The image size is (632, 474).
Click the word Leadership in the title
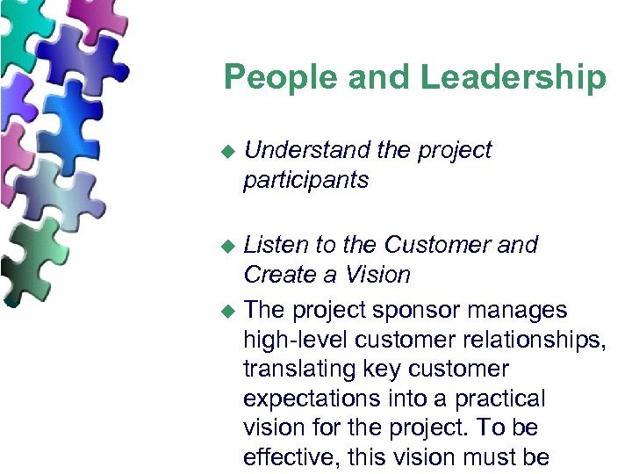513,77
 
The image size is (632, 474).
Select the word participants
306,181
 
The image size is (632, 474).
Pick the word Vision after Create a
376,275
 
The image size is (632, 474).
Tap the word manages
518,311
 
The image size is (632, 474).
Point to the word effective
293,457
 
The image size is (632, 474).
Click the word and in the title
381,77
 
